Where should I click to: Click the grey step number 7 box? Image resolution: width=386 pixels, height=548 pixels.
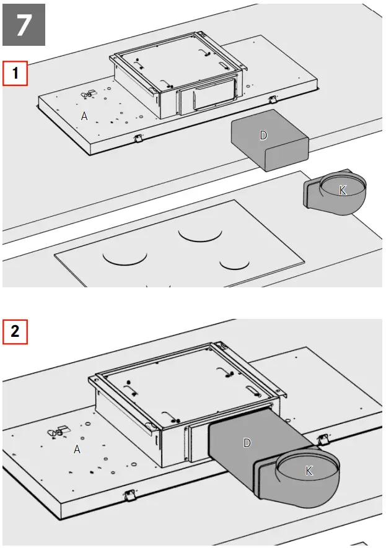(24, 25)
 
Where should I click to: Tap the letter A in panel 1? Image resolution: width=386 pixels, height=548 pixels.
(85, 115)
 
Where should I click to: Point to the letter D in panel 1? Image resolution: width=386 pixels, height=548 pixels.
(263, 136)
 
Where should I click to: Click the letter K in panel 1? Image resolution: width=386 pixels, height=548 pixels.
(342, 190)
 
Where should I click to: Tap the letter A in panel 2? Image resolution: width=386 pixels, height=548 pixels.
(77, 449)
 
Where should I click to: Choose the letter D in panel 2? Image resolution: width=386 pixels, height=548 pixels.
(247, 443)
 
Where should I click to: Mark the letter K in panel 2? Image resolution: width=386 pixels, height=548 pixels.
(309, 471)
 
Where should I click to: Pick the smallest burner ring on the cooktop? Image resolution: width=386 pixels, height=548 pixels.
(234, 264)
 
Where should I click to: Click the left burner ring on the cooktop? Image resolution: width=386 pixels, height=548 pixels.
(125, 256)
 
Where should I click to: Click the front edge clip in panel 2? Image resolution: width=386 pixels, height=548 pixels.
(129, 495)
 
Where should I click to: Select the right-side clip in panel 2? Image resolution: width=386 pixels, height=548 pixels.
(322, 439)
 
